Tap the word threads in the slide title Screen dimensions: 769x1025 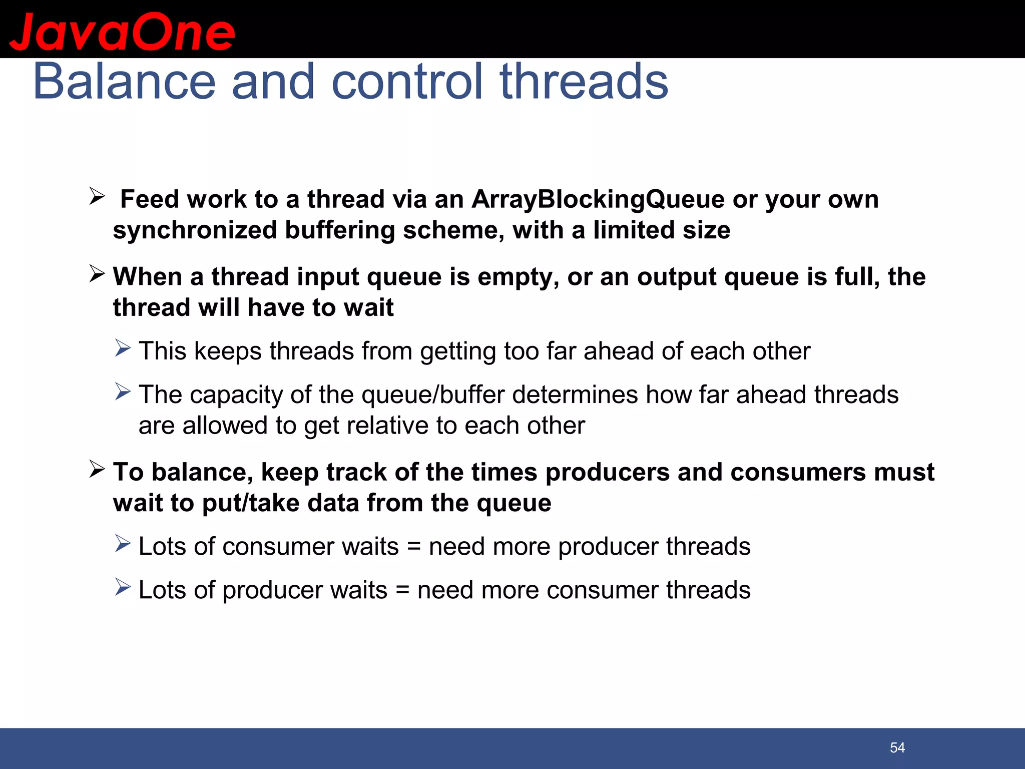[584, 82]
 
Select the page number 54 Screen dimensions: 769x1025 [897, 748]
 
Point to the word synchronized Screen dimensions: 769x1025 [195, 231]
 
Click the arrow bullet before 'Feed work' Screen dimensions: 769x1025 [97, 196]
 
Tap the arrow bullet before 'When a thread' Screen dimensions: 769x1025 [97, 273]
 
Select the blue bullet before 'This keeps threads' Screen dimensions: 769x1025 [123, 348]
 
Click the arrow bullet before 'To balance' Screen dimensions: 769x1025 [97, 469]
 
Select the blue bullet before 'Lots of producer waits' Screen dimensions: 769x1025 [123, 587]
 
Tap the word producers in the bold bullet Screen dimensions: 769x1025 [607, 473]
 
